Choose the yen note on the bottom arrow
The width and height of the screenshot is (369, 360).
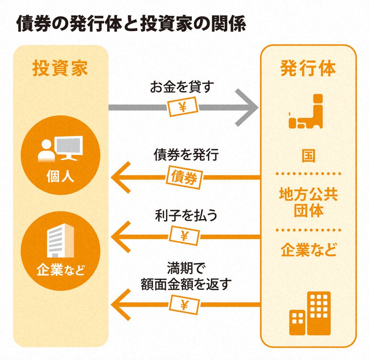point(184,305)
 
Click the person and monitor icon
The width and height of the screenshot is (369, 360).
point(60,149)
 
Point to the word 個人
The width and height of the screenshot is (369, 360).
point(60,176)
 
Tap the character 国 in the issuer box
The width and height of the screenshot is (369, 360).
point(308,156)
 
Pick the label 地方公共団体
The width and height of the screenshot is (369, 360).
point(309,202)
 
